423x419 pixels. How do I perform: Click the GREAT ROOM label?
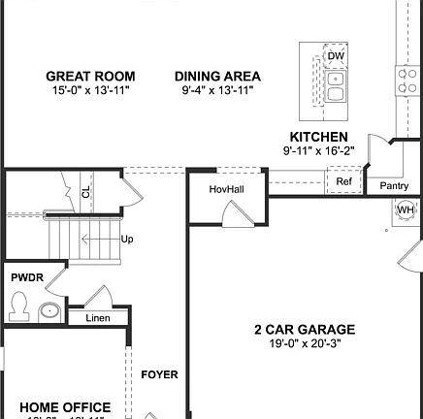pyautogui.click(x=91, y=76)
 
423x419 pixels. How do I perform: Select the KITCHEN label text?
pyautogui.click(x=318, y=137)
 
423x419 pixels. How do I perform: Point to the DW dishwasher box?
pyautogui.click(x=335, y=56)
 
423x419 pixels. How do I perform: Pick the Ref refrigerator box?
pyautogui.click(x=343, y=181)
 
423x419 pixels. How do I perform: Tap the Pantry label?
pyautogui.click(x=394, y=184)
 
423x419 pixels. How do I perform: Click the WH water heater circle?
pyautogui.click(x=406, y=209)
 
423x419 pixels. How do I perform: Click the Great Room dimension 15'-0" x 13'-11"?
pyautogui.click(x=91, y=89)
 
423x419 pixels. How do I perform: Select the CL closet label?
pyautogui.click(x=86, y=192)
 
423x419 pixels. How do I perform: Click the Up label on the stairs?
pyautogui.click(x=127, y=239)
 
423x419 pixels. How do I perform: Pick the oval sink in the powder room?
pyautogui.click(x=49, y=311)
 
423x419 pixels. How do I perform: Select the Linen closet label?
pyautogui.click(x=97, y=318)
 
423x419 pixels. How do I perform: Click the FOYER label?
pyautogui.click(x=159, y=373)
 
